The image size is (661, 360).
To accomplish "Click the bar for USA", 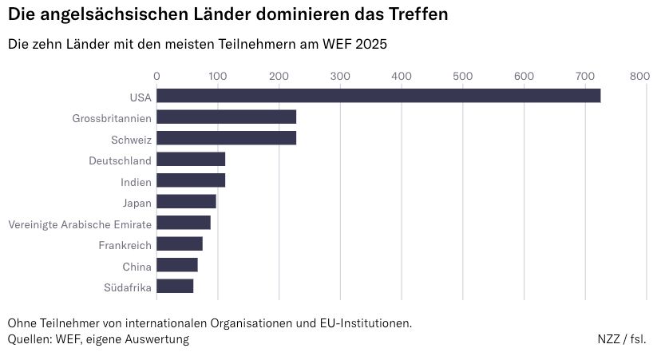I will [x=378, y=97].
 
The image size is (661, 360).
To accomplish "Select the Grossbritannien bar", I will [x=226, y=117].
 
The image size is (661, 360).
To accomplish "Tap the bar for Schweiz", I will [x=226, y=138].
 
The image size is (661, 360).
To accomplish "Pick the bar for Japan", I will [x=186, y=202].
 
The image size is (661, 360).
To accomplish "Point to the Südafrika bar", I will [x=175, y=287].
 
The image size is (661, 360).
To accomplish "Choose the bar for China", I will [x=176, y=265].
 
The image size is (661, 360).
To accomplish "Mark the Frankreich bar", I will [x=180, y=244].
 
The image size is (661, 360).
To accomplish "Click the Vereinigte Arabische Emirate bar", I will [x=184, y=223].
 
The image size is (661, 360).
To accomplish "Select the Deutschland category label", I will [x=121, y=160].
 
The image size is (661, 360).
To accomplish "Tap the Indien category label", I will [x=136, y=181].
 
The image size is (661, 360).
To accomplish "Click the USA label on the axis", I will [x=140, y=97].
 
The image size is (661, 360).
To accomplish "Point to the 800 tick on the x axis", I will [x=639, y=76].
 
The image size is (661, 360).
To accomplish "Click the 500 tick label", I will [x=463, y=76].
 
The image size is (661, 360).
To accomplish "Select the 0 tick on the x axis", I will [x=156, y=76].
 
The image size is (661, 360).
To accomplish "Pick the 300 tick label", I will [x=340, y=76].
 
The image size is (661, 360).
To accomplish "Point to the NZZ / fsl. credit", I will [x=622, y=339].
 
